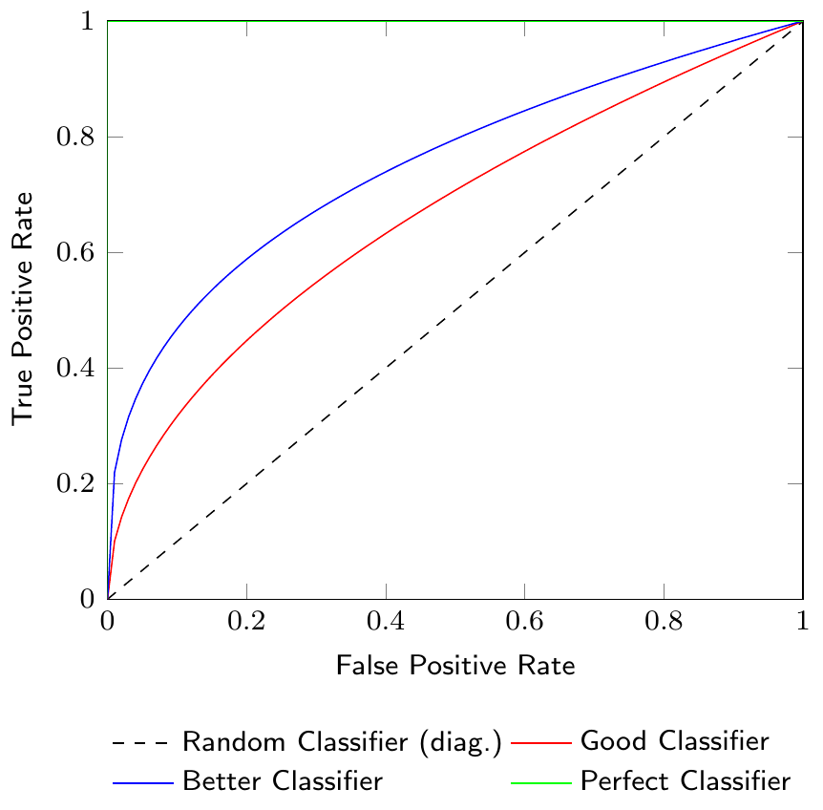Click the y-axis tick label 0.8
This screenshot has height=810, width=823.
coord(77,138)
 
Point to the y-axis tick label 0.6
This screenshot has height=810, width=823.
coord(77,253)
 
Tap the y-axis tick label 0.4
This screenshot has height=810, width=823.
coord(77,369)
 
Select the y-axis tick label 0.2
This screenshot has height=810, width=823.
coord(77,484)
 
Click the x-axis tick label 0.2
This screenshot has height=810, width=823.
coord(246,624)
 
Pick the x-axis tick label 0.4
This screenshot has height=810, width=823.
coord(385,624)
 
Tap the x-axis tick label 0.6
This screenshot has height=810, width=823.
coord(524,624)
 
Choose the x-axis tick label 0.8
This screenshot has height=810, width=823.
coord(663,624)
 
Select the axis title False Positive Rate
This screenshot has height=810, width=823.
coord(454,666)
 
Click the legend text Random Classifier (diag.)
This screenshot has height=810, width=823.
coord(342,741)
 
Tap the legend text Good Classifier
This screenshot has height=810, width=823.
coord(674,741)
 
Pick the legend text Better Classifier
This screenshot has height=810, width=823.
coord(282,781)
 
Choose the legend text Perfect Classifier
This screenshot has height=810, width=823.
coord(685,781)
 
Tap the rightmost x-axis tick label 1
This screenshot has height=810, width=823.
coord(802,624)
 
